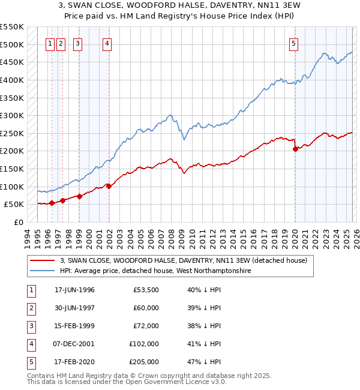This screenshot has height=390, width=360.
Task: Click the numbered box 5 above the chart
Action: click(x=293, y=43)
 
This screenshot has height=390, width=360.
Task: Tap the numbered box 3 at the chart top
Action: click(x=78, y=43)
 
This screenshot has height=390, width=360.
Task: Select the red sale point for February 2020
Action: click(x=295, y=149)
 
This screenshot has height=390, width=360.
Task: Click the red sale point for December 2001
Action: click(x=109, y=186)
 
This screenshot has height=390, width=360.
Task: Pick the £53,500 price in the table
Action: click(x=146, y=290)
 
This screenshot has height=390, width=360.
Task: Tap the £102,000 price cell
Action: click(x=145, y=344)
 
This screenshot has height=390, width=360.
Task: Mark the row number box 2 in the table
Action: click(x=31, y=308)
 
